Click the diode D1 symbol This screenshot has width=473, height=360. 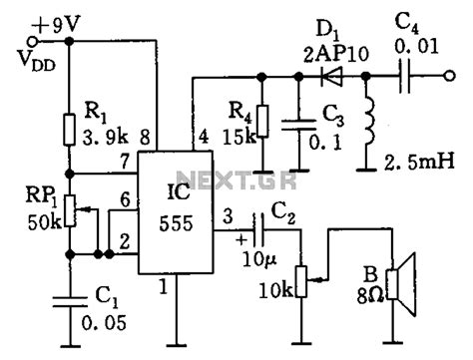[x=325, y=75]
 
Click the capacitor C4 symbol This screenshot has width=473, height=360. [x=406, y=75]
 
